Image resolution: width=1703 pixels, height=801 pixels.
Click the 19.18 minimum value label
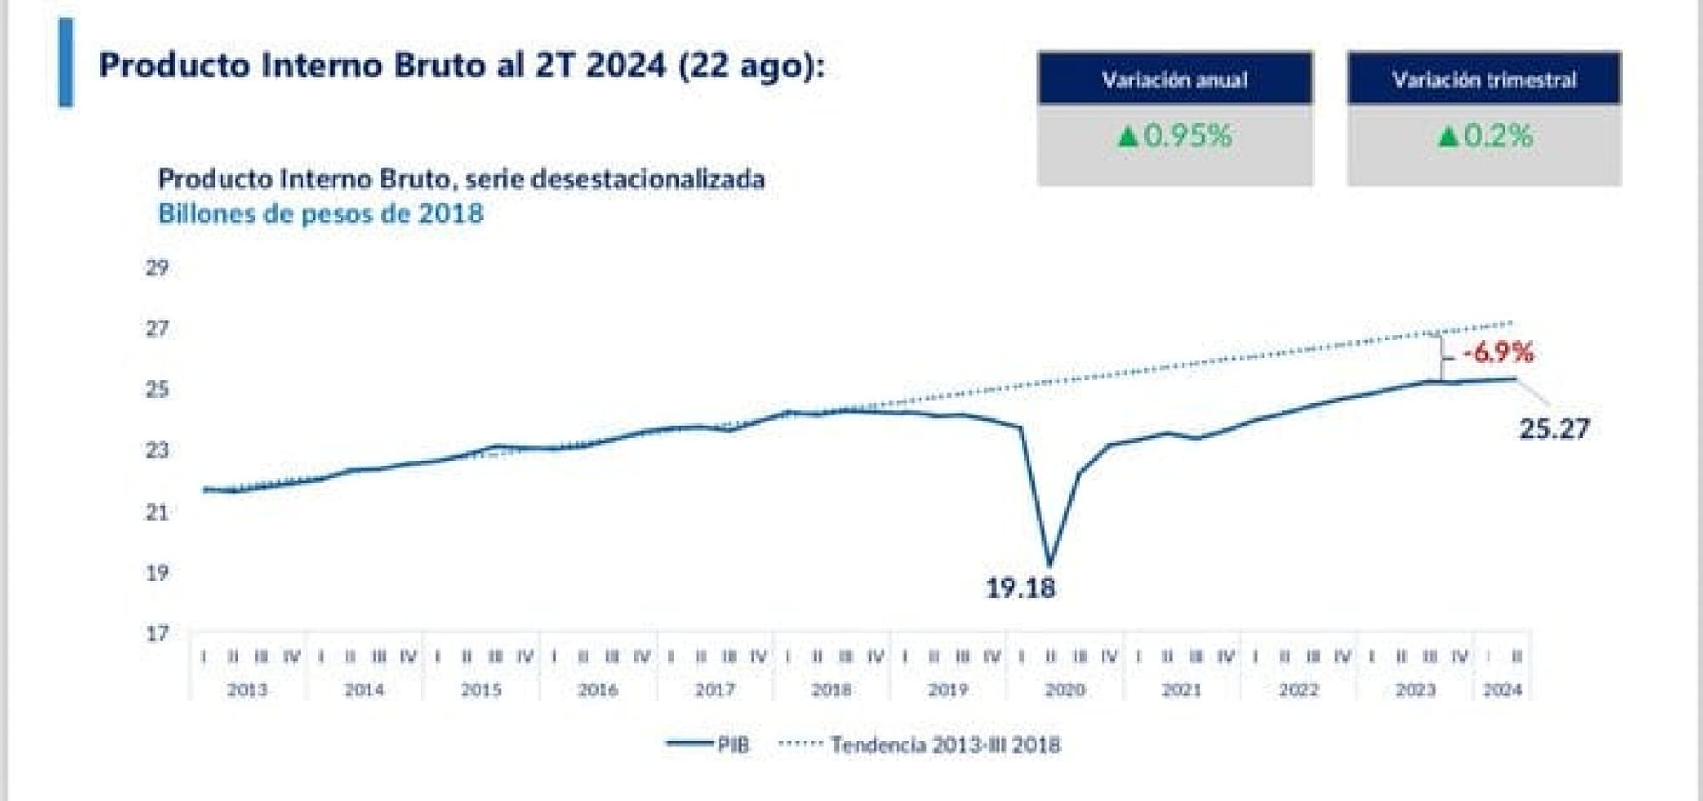tap(1020, 588)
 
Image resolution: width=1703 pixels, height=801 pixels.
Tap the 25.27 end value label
tap(1554, 428)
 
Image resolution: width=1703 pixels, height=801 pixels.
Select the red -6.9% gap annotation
tap(1498, 352)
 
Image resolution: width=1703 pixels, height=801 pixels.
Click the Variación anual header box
tap(1175, 79)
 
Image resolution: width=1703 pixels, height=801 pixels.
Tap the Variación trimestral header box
tap(1484, 79)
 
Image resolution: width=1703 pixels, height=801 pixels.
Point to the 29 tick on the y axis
tap(157, 268)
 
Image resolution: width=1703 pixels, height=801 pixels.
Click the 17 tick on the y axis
tap(157, 633)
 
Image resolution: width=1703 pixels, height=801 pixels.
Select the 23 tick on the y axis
tap(157, 450)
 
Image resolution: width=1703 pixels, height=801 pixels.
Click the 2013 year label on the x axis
tap(247, 689)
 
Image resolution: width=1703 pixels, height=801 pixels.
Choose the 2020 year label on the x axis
tap(1064, 689)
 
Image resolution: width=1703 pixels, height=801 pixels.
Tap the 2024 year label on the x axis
tap(1502, 689)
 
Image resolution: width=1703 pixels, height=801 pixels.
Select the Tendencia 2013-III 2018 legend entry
tap(920, 745)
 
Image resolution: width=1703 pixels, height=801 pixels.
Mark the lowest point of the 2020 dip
tap(1050, 563)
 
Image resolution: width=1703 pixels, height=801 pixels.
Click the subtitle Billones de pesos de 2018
tap(320, 213)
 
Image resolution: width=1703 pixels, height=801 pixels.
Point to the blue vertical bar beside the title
tap(66, 63)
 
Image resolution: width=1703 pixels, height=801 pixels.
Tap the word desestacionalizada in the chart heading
tap(647, 179)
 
